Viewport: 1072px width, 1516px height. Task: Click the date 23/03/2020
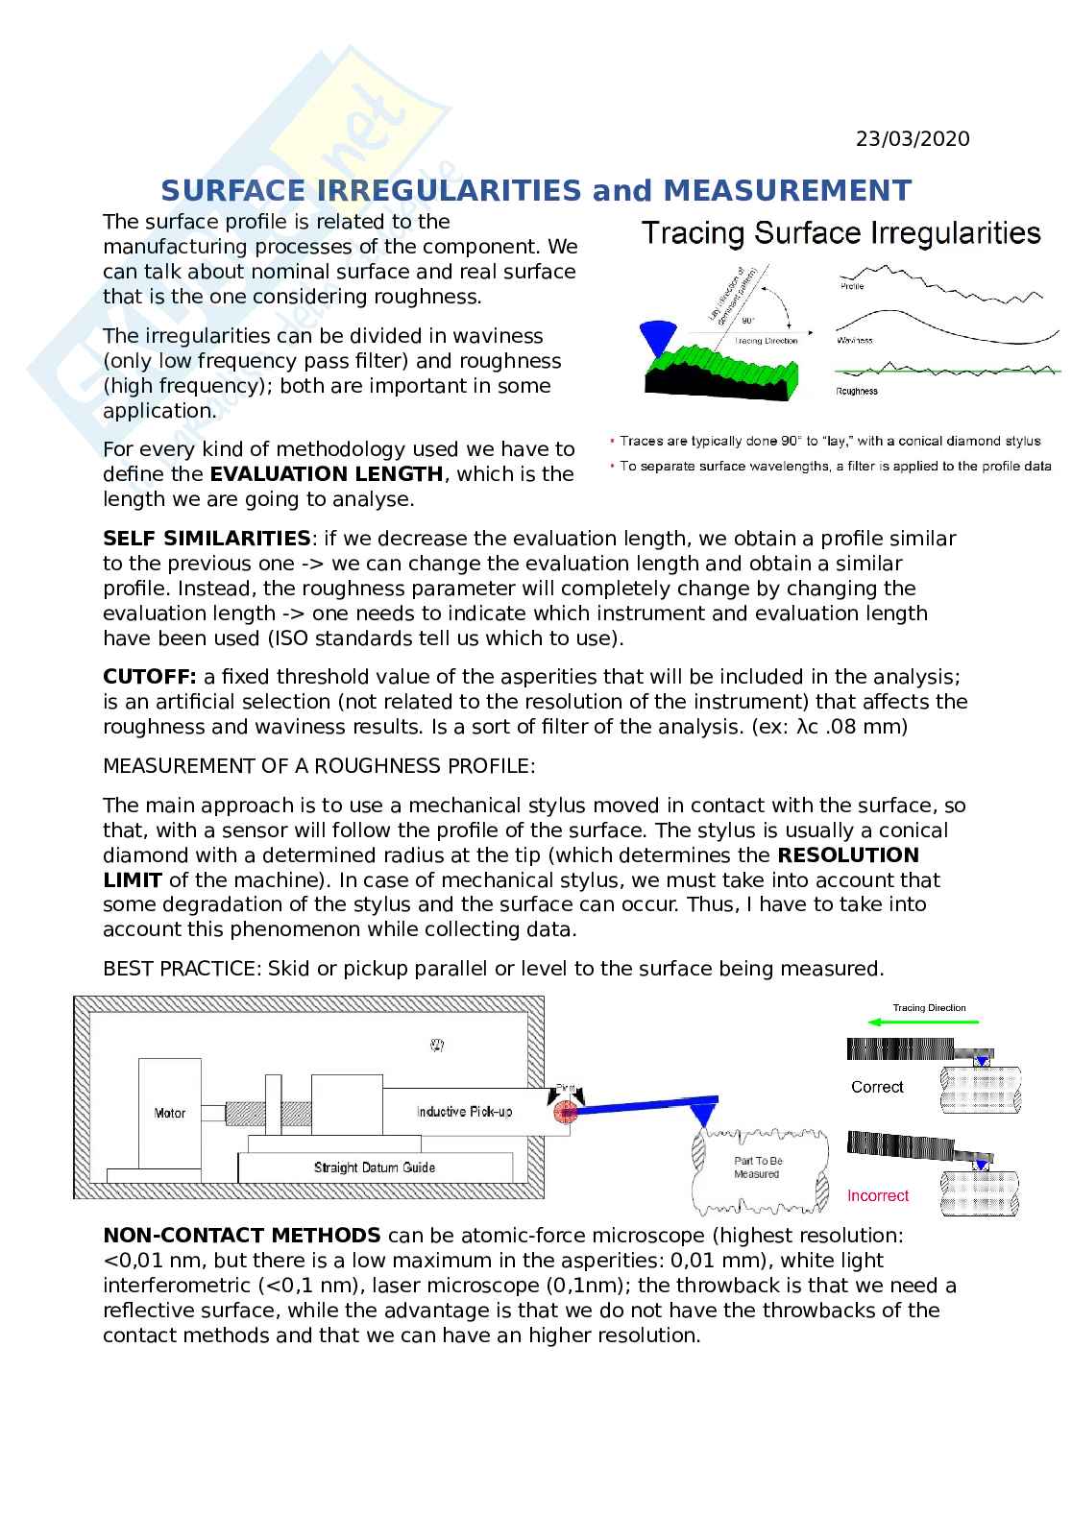pos(913,139)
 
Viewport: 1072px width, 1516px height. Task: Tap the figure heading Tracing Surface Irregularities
pos(841,233)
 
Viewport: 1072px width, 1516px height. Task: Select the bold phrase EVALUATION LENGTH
pos(327,474)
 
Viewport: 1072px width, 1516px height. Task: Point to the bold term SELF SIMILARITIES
pos(207,539)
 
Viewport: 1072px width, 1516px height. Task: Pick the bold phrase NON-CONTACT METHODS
pos(241,1235)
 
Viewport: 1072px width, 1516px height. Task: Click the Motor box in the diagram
pos(170,1114)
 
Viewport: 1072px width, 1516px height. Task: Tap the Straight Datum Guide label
pos(375,1167)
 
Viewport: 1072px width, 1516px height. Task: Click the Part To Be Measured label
pos(758,1167)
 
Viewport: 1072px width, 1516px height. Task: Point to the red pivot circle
pos(565,1112)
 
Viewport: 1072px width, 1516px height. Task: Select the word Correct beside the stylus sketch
pos(877,1087)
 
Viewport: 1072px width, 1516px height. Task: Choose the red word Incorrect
pos(877,1195)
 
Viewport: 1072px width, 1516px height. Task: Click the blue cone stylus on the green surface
pos(657,339)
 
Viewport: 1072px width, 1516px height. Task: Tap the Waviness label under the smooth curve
pos(854,340)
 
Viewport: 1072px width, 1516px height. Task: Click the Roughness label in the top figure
pos(856,391)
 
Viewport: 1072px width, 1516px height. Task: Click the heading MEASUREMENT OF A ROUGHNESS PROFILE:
pos(319,766)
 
